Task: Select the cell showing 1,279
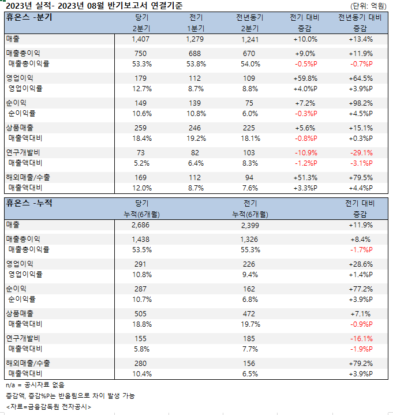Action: [196, 39]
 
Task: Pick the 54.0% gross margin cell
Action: [250, 63]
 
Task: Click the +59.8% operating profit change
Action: [305, 78]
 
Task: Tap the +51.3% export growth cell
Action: [305, 178]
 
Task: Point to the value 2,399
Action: [250, 225]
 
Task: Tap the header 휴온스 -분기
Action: [29, 17]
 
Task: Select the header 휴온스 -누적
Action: [29, 203]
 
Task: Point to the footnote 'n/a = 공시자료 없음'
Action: [35, 384]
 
